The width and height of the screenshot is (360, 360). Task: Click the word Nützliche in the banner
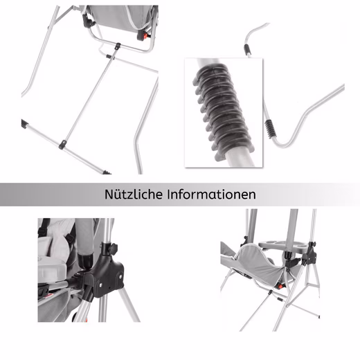point(134,194)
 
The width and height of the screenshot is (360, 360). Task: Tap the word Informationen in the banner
point(211,194)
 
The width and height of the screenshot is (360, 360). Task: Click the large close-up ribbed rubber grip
point(223,111)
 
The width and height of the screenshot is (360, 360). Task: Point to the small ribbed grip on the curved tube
point(269,129)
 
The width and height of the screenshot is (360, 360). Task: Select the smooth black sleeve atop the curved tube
point(247,50)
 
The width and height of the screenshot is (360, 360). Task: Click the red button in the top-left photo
point(145,36)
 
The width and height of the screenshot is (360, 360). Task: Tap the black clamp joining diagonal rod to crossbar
point(63,145)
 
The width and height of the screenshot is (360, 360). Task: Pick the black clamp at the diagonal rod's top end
point(118,46)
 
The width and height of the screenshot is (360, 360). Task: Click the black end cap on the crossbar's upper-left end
point(24,124)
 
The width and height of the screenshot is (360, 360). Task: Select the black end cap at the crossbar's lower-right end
point(107,172)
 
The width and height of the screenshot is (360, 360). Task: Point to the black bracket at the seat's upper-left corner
point(88,21)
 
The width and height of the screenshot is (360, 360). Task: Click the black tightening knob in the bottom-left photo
point(113,249)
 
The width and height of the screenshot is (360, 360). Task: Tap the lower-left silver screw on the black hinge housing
point(101,286)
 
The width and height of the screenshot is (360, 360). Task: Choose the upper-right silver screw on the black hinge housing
point(120,276)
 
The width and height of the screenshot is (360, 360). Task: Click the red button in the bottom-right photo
point(280,287)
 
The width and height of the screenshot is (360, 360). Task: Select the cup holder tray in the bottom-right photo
point(282,245)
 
